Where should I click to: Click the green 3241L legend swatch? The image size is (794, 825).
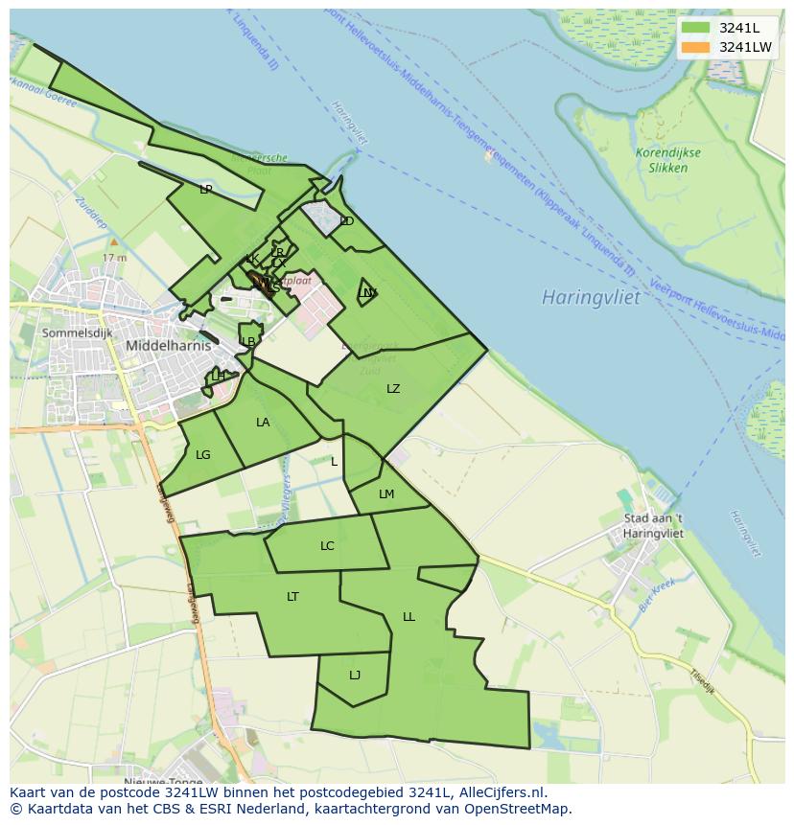696,28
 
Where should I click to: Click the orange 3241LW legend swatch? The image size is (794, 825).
696,47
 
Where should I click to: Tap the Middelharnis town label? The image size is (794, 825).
168,346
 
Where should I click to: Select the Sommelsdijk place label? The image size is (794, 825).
77,332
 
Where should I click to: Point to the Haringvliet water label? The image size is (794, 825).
590,297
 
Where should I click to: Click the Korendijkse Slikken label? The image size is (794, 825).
667,160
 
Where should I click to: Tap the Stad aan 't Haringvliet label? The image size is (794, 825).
653,526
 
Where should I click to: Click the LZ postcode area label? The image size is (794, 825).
393,389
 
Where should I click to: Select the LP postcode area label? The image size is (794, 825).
205,190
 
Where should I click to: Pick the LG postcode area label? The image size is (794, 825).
202,455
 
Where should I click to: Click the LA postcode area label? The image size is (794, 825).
263,423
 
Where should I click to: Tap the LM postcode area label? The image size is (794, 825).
386,494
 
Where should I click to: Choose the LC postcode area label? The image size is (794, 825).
327,546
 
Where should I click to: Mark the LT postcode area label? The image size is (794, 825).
292,597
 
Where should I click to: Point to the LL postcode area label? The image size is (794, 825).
409,617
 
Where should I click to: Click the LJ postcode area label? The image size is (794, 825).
355,676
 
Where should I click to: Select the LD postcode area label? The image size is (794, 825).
347,221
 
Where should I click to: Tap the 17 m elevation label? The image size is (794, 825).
114,258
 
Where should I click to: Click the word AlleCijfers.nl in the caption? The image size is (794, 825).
499,792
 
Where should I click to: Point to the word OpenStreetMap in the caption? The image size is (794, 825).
518,809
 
